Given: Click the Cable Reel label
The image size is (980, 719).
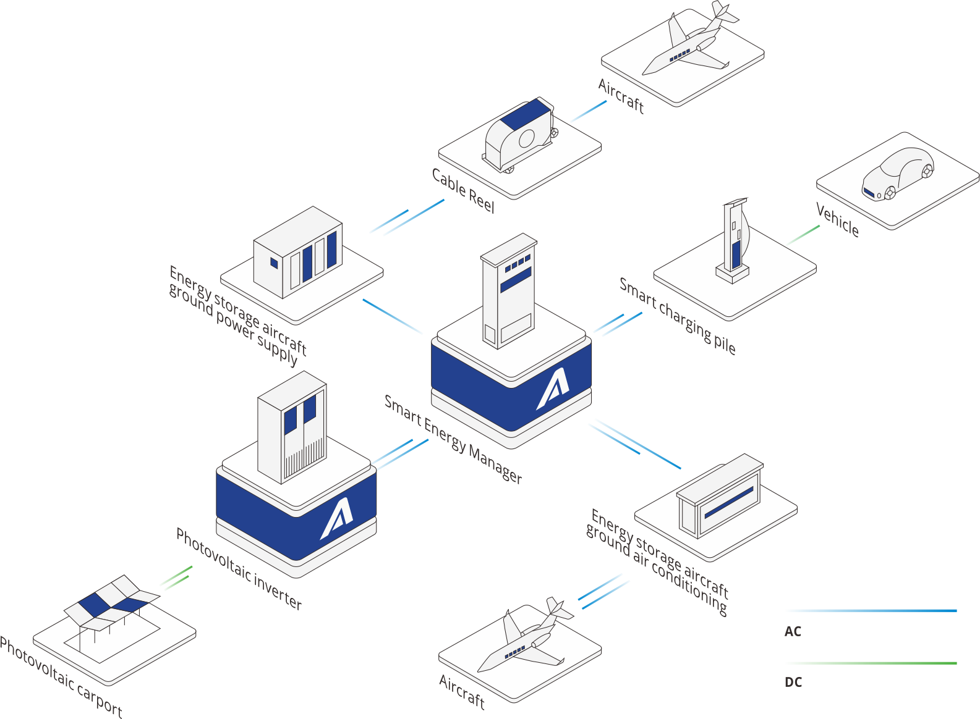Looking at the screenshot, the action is (463, 191).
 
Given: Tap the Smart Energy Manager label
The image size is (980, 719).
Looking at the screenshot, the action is (453, 439).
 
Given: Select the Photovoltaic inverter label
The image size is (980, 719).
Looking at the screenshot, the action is (239, 569).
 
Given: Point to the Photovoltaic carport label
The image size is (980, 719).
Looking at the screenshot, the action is (61, 677).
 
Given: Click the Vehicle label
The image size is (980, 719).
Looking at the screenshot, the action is (837, 220).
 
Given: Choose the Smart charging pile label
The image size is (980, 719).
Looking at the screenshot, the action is (677, 316).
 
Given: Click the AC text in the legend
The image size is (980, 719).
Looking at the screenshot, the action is (793, 631).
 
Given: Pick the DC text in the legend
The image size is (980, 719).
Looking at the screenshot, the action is (793, 682).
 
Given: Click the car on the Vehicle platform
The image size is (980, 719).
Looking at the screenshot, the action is (897, 174).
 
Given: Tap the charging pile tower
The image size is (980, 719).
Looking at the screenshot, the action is (734, 240).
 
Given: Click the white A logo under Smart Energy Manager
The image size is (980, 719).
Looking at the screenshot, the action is (553, 389).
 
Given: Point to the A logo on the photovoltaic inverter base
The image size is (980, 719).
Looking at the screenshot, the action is (337, 518).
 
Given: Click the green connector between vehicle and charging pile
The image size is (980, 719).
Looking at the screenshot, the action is (803, 235).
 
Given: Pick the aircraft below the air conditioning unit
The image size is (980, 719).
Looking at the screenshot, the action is (525, 634).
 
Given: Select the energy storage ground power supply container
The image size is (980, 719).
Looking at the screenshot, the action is (298, 252).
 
